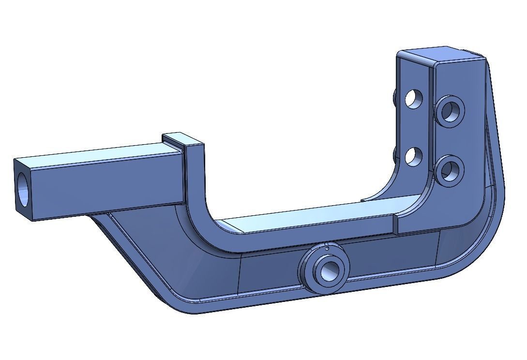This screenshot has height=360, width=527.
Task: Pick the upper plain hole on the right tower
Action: [x=413, y=99]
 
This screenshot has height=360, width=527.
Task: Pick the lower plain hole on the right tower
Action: [x=413, y=157]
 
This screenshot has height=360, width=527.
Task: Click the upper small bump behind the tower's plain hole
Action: [x=396, y=97]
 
